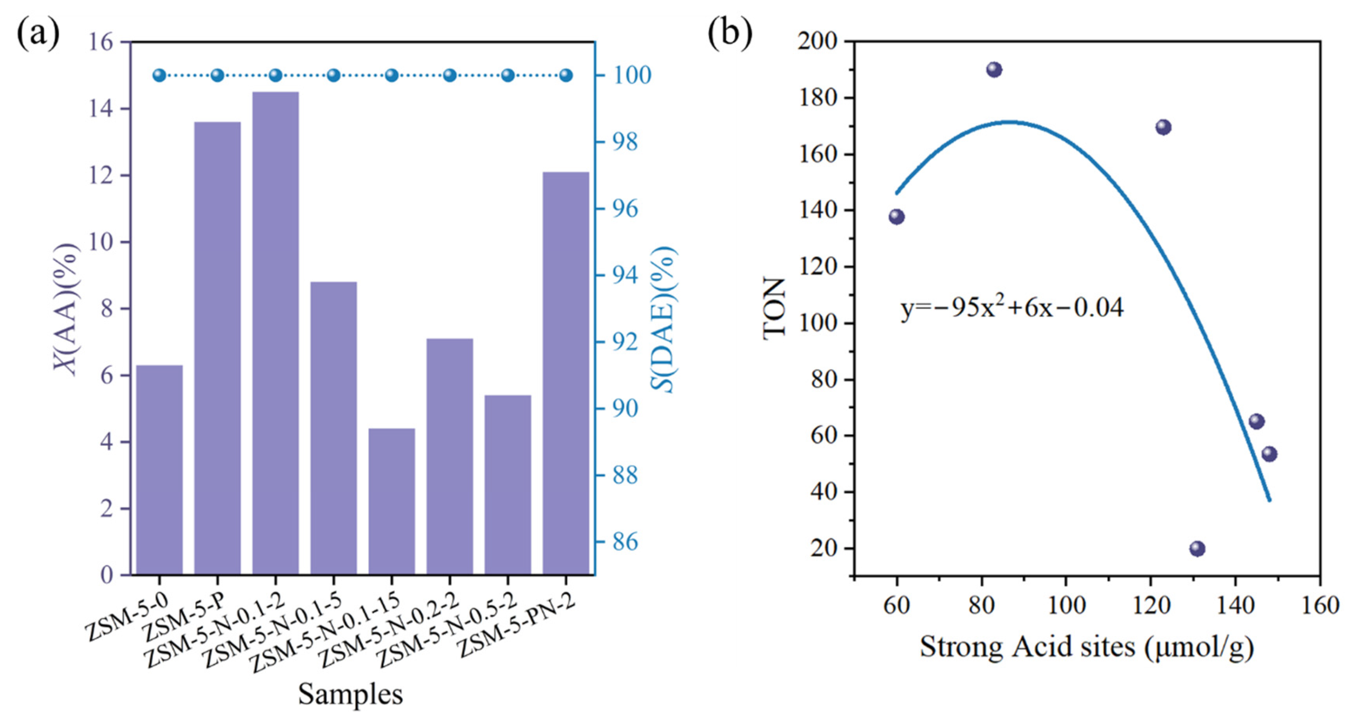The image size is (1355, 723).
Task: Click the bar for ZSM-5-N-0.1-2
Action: (275, 333)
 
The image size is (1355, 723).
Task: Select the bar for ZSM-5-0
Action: (159, 470)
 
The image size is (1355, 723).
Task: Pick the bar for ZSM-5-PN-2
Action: (566, 373)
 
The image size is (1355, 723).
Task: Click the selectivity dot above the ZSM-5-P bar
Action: (217, 75)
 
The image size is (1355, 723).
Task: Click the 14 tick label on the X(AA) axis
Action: (102, 109)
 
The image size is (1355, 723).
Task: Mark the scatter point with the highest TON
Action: (994, 70)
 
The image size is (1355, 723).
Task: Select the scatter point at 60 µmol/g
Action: (897, 217)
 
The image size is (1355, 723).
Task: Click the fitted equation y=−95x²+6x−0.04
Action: (1013, 307)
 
